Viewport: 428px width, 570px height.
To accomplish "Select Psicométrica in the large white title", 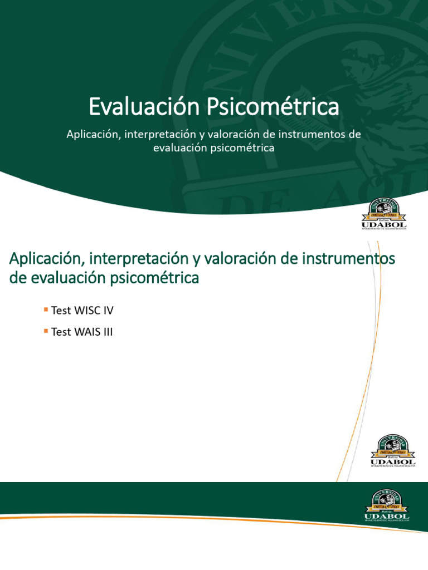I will point(273,107).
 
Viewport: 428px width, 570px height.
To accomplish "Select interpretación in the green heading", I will point(139,259).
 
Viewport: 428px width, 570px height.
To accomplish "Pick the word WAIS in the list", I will point(87,332).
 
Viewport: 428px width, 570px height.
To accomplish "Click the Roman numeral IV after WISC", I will point(108,309).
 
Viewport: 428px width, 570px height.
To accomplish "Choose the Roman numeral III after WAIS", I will point(107,332).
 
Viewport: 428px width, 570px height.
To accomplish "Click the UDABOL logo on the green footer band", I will point(387,507).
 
